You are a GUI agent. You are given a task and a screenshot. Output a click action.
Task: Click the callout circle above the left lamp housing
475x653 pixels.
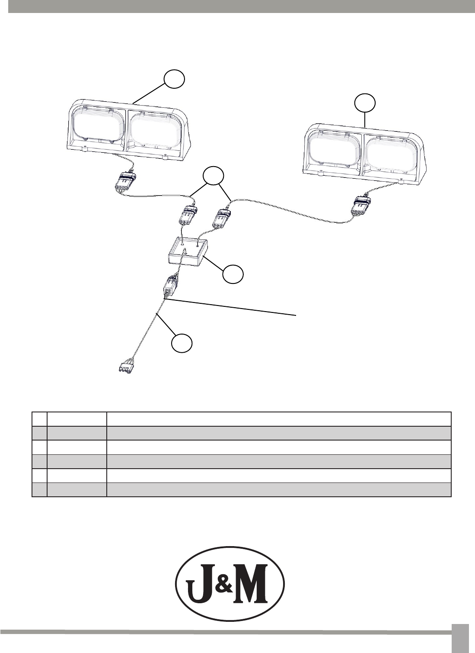coord(174,79)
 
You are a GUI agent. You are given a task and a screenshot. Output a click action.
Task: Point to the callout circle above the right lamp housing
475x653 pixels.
coord(365,103)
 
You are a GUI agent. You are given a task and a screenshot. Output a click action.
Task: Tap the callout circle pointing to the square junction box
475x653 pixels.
coord(233,274)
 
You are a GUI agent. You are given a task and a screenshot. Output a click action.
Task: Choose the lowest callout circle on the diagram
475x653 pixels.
coord(182,344)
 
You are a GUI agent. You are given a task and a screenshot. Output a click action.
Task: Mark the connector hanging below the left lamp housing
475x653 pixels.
coord(125,182)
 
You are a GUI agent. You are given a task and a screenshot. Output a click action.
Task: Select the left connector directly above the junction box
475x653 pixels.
coord(187,216)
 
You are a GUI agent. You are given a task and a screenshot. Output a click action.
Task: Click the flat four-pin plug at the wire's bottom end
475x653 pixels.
coord(126,367)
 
